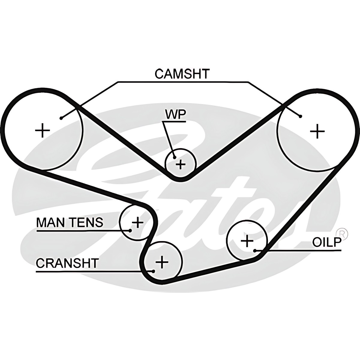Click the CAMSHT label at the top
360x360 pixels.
[x=182, y=74]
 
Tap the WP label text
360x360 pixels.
[x=175, y=115]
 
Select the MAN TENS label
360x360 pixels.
[x=70, y=222]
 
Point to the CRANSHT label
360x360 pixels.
[x=67, y=263]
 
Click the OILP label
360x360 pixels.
[x=327, y=242]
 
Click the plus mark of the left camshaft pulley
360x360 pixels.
[x=42, y=130]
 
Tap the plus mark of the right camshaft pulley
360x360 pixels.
[x=317, y=131]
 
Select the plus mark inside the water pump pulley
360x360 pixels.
[x=180, y=164]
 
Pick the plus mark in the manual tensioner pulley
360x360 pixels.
[x=138, y=222]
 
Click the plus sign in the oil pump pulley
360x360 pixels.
[x=247, y=241]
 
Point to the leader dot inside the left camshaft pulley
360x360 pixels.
[x=61, y=118]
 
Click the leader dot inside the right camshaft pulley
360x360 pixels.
[x=300, y=116]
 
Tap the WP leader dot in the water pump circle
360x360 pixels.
[x=174, y=157]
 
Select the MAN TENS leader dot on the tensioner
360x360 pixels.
[x=130, y=230]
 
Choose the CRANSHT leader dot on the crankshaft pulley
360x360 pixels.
[x=153, y=271]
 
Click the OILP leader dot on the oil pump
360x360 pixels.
[x=254, y=250]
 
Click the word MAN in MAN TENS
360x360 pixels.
[x=49, y=222]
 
